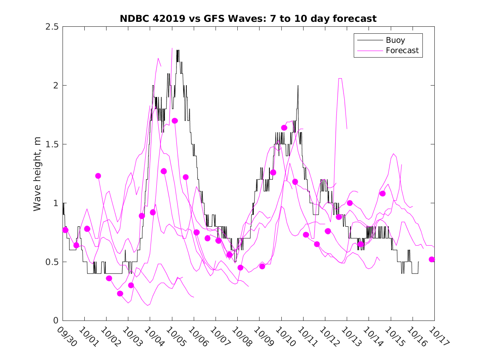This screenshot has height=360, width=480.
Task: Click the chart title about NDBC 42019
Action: pos(248,19)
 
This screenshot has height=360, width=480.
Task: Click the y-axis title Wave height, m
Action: pos(37,174)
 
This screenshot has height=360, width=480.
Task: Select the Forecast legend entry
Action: pos(402,51)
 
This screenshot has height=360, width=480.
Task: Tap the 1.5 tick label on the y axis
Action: pos(52,144)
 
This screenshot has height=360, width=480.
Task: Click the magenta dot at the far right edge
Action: pos(432,259)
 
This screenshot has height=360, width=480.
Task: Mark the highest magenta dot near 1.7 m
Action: pos(174,121)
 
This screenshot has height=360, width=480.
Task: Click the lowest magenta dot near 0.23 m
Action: pos(120,293)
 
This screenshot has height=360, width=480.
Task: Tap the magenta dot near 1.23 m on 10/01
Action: pos(98,176)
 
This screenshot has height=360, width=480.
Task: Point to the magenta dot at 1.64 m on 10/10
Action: pos(284,128)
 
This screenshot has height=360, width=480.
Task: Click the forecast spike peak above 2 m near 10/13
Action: pos(340,78)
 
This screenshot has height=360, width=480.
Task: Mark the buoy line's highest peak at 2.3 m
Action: pos(178,50)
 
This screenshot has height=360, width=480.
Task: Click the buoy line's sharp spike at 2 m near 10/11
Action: pos(298,86)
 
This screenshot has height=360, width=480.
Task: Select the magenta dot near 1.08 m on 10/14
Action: pos(383,193)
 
